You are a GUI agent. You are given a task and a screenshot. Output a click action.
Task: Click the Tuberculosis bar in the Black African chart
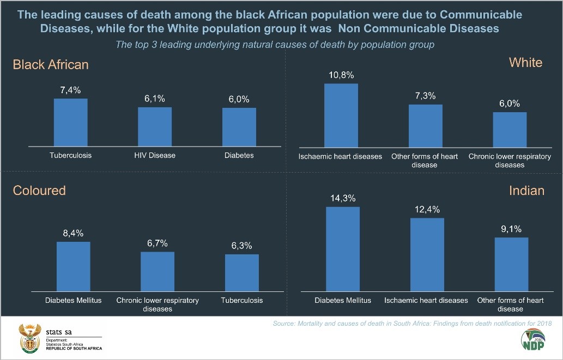[x=70, y=123]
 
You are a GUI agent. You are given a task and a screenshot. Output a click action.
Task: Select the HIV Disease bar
[x=155, y=127]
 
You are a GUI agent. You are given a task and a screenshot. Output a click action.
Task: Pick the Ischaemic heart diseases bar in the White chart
[x=341, y=115]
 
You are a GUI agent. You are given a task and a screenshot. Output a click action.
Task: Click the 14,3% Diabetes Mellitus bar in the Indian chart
[x=343, y=249]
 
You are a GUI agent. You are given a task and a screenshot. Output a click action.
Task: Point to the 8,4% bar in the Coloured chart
[x=74, y=267]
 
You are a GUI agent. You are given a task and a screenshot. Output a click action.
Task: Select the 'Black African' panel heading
[x=51, y=65]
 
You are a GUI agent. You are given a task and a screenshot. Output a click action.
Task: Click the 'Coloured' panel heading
[x=39, y=190]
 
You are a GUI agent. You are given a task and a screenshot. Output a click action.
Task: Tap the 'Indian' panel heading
[x=526, y=190]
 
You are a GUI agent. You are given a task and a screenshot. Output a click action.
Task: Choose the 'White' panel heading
[x=525, y=63]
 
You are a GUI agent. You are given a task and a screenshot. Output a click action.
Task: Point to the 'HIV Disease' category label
[x=155, y=155]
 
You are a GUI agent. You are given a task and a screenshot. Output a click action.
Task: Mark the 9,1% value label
[x=511, y=229]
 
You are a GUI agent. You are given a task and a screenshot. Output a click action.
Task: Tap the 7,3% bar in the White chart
[x=426, y=126]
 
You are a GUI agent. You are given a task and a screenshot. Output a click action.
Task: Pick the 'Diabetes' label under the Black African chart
[x=239, y=155]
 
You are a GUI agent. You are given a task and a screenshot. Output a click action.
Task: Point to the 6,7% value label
[x=158, y=243]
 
